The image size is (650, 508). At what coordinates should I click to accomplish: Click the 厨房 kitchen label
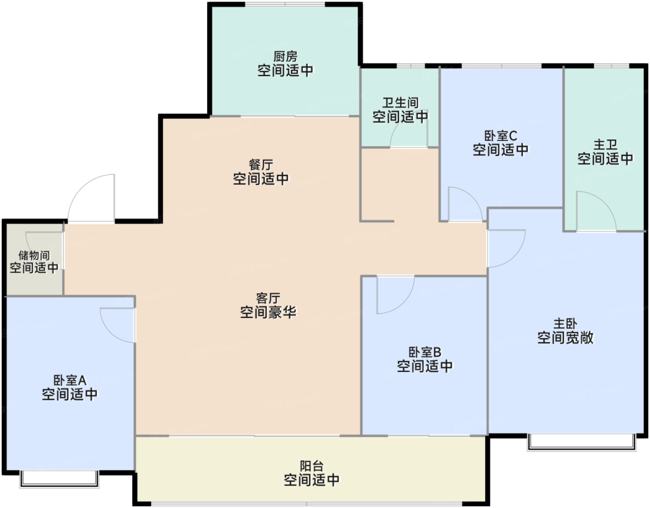tap(285, 56)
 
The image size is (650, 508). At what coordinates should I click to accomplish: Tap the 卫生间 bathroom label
tap(400, 103)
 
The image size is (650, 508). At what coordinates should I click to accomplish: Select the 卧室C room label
tap(500, 136)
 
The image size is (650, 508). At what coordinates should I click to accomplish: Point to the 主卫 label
tap(605, 145)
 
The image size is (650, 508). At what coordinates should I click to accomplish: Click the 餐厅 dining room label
tap(261, 165)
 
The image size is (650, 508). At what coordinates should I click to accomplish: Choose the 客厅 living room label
tap(268, 298)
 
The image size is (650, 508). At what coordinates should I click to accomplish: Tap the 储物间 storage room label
tap(34, 255)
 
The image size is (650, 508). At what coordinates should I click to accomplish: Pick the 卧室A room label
tap(70, 380)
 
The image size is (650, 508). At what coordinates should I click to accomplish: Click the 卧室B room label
tap(425, 352)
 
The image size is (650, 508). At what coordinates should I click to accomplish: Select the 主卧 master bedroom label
tap(565, 323)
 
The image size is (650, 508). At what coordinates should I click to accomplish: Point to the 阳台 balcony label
tap(312, 466)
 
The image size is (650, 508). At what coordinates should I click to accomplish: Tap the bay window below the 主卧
tap(581, 442)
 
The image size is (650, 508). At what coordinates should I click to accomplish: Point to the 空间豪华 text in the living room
tap(268, 312)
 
